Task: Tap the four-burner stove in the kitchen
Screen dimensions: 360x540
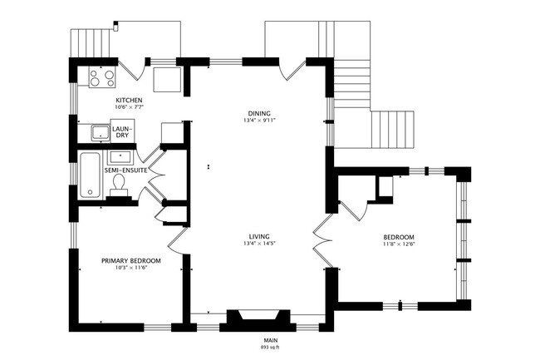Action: pos(102,77)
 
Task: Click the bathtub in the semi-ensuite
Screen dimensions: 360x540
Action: pos(89,175)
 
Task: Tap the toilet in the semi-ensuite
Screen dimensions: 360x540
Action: pos(118,183)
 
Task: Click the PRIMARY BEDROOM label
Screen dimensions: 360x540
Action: pos(131,260)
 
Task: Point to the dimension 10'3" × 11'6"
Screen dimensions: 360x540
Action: pos(131,268)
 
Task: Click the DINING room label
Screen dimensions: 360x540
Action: pos(259,113)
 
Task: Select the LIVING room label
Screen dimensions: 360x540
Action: pos(259,235)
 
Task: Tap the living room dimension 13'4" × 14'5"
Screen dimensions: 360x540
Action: pos(259,243)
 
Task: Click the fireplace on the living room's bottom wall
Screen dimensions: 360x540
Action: pos(257,319)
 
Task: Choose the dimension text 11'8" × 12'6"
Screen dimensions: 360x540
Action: pos(398,243)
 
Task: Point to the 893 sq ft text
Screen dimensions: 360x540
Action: pos(270,347)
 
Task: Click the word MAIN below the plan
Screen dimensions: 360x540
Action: pos(270,340)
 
